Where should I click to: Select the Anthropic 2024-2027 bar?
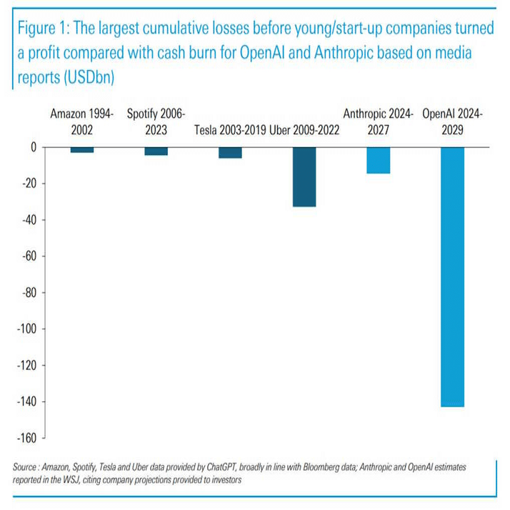pos(378,160)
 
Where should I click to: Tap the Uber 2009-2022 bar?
pos(304,176)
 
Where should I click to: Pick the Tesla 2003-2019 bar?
pos(230,152)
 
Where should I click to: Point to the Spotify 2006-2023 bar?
pos(156,151)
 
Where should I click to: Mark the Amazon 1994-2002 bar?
pos(82,149)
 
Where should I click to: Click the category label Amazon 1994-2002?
pos(82,121)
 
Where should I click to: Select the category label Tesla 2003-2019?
pos(230,130)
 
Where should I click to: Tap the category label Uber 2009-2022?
pos(304,130)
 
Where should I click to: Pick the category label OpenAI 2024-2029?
pos(452,121)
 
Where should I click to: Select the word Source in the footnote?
pos(27,466)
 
